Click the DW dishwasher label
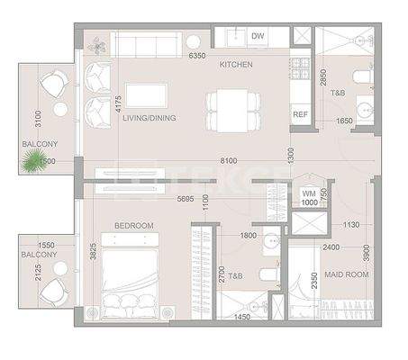258,37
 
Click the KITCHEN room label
236,65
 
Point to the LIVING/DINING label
149,118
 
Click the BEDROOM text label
133,225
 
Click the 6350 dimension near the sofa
198,56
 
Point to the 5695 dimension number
186,199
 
